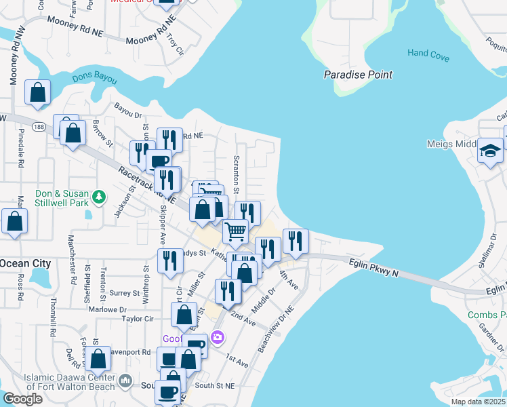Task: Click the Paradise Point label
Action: (358, 75)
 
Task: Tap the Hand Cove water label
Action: (428, 54)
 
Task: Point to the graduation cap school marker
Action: (490, 151)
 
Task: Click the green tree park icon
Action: (99, 197)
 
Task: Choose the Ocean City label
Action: (25, 263)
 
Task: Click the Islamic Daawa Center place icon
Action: (124, 382)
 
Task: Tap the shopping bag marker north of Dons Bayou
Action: (38, 92)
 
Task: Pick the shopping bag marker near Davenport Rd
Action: (98, 359)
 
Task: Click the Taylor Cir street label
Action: (138, 319)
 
